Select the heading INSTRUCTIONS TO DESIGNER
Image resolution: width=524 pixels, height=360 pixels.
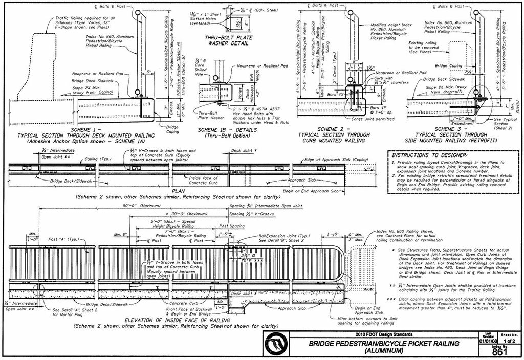click(x=429, y=155)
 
